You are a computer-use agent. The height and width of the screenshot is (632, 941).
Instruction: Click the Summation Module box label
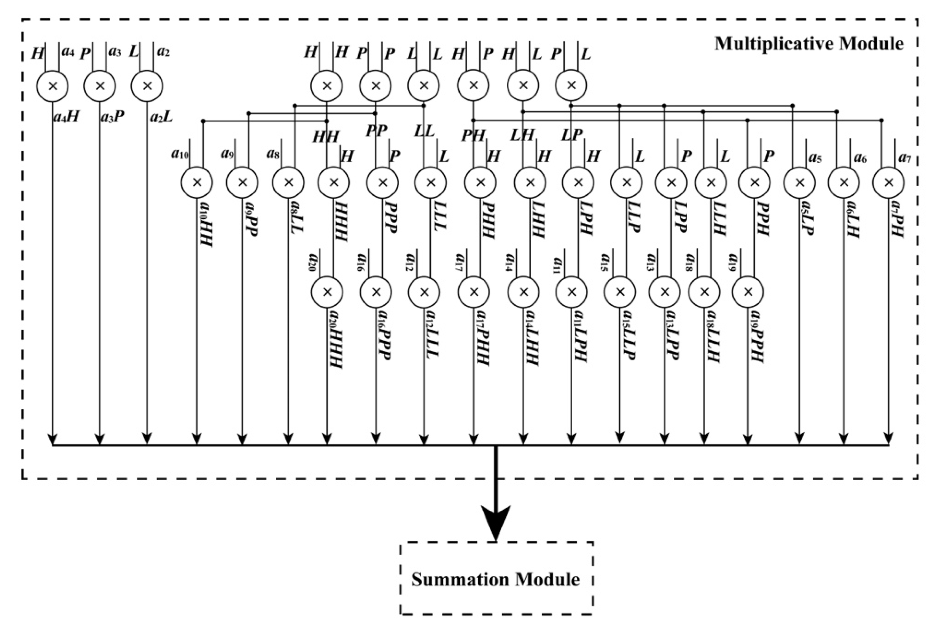pos(495,580)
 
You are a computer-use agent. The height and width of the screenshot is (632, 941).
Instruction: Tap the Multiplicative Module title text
pos(809,44)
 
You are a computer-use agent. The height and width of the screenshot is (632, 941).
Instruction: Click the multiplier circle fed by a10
pos(197,183)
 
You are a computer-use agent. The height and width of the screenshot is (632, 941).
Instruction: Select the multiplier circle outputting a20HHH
pos(327,292)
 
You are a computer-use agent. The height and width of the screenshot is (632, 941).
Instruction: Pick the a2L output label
pos(161,117)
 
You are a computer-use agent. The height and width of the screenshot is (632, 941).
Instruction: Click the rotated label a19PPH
pos(757,336)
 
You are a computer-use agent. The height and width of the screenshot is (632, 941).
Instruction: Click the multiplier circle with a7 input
pos(888,183)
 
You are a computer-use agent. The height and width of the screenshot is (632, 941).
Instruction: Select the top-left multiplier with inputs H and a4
pos(52,86)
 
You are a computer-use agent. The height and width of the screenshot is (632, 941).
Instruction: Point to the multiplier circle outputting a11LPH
pos(572,292)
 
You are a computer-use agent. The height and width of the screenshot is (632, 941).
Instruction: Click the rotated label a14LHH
pos(532,337)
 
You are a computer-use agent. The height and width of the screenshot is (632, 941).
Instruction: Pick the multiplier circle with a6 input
pos(843,183)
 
